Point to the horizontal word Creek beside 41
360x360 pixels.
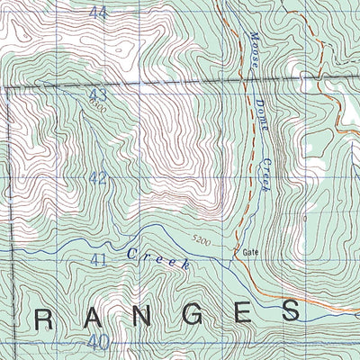157,259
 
